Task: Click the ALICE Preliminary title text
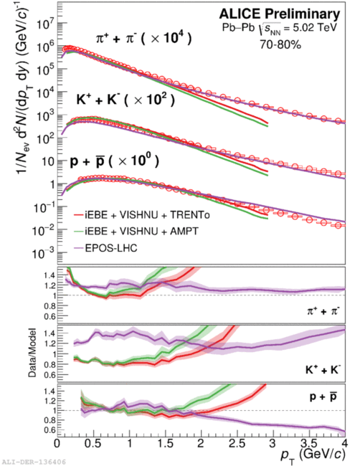[280, 14]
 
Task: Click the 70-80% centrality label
[280, 44]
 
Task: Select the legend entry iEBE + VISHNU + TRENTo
[141, 214]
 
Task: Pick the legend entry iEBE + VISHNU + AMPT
[136, 231]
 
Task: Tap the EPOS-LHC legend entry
[105, 248]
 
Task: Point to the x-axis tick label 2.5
[237, 443]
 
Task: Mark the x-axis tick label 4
[345, 443]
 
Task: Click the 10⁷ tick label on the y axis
[45, 24]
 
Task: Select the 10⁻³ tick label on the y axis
[44, 254]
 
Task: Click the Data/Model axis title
[32, 353]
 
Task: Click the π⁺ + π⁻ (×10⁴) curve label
[143, 38]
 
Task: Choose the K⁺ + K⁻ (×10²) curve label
[125, 100]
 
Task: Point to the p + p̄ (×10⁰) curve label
[115, 161]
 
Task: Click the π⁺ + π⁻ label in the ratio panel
[323, 311]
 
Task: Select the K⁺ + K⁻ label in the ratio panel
[323, 369]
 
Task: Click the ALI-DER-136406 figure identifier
[33, 462]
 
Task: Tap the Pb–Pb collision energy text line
[280, 28]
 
